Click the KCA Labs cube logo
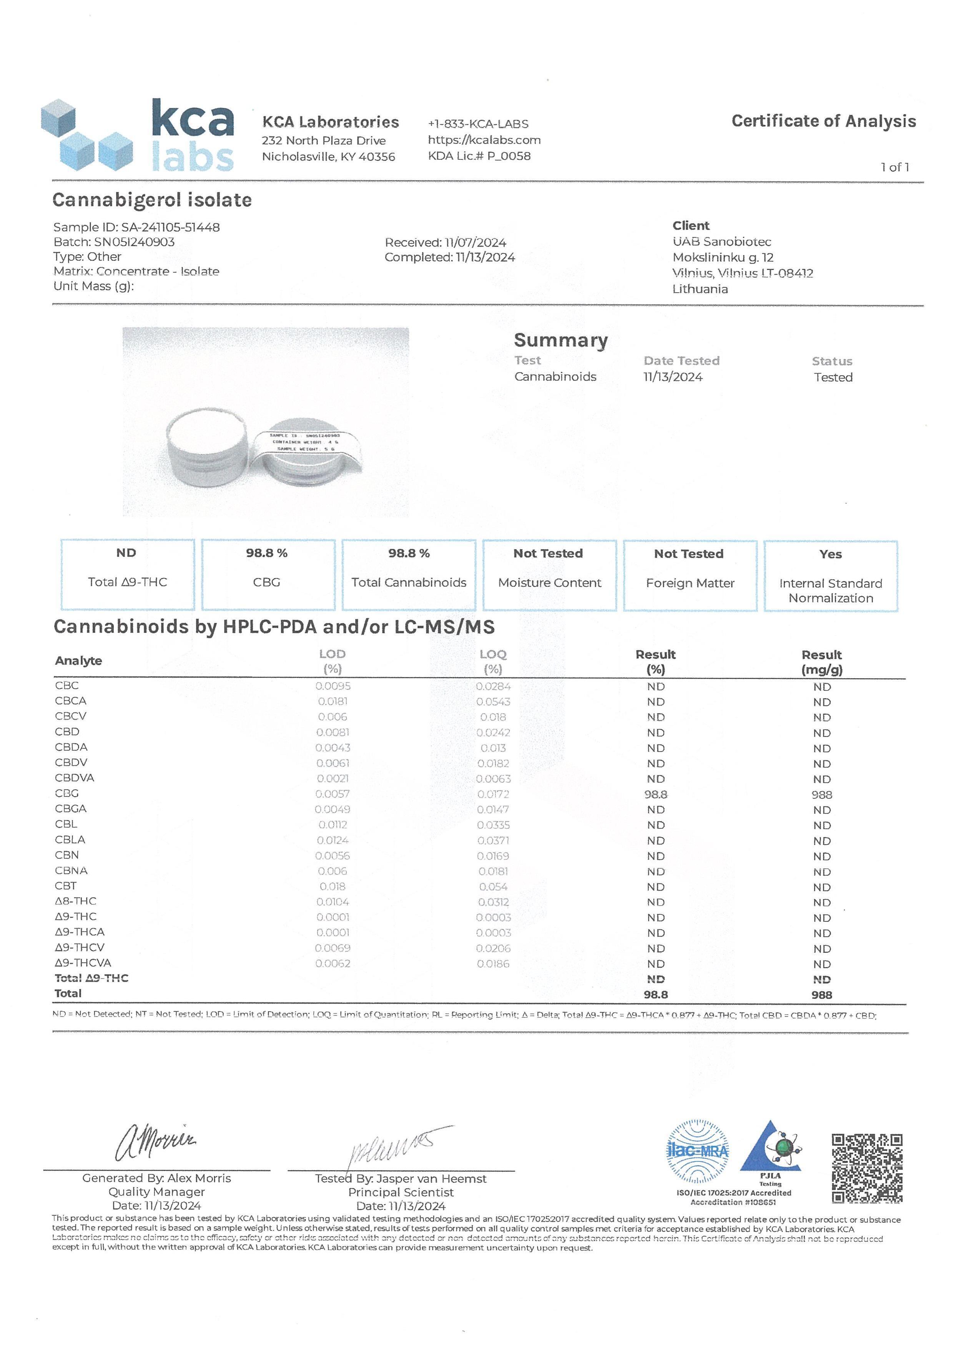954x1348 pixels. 87,135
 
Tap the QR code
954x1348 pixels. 867,1168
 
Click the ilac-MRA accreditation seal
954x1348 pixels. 697,1151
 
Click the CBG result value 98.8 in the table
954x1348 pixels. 656,794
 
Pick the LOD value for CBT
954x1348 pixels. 332,886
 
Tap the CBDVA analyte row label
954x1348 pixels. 75,778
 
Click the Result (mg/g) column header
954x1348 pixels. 821,662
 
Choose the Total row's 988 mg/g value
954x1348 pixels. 821,995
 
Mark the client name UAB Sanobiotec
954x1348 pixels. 722,242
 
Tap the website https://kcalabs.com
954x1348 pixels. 484,140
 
